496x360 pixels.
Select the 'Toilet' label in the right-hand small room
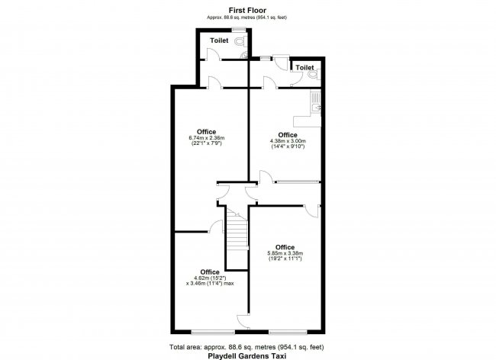(x=304, y=68)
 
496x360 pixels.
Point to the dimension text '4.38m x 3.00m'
(x=288, y=140)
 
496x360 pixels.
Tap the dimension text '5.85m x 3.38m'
(x=285, y=253)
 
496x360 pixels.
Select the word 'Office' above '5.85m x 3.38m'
(x=285, y=246)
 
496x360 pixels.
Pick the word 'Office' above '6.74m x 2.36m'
(x=206, y=130)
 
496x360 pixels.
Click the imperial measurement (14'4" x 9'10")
(x=288, y=146)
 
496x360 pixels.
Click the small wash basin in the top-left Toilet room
(x=243, y=55)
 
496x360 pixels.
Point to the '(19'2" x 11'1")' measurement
(x=285, y=259)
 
